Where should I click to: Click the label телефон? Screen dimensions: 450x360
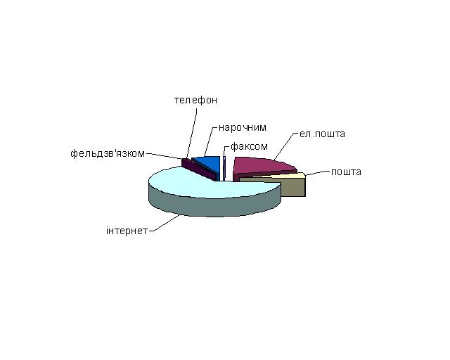[x=195, y=100]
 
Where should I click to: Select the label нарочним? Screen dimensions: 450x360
[x=243, y=127]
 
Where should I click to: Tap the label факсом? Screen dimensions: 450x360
[x=249, y=147]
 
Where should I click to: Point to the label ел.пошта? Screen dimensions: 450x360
[x=322, y=134]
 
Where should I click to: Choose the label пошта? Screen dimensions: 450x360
[x=346, y=172]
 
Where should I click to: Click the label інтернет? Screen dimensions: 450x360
[x=127, y=231]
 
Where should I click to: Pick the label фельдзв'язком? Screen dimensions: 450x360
[x=108, y=153]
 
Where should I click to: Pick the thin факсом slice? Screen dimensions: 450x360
[x=224, y=168]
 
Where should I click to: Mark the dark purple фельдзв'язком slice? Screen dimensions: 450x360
[x=199, y=170]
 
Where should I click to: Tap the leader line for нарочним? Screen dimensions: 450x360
[x=209, y=141]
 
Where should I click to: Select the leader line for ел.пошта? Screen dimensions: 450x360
[x=285, y=146]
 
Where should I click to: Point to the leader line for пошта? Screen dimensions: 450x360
[x=317, y=173]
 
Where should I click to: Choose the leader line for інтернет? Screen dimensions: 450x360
[x=165, y=223]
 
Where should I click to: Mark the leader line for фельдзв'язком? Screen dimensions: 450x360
[x=165, y=156]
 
